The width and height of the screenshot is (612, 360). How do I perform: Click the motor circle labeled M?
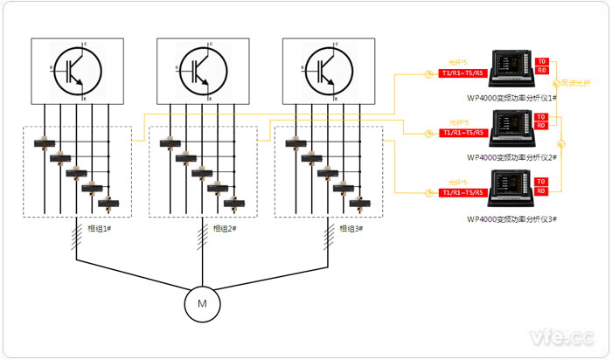pos(202,303)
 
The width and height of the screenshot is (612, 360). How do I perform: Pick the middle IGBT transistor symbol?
pos(202,71)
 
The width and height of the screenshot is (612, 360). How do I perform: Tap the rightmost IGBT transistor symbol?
pos(328,71)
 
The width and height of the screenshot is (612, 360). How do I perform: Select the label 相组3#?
pos(349,229)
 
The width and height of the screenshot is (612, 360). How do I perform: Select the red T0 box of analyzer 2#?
pos(542,117)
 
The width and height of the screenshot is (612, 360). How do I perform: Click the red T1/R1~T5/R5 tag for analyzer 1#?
pos(461,73)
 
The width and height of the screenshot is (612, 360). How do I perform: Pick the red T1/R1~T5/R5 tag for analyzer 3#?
pos(461,192)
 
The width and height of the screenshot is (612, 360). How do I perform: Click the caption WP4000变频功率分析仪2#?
pos(513,157)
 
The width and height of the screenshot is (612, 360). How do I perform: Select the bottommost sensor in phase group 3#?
pos(358,204)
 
